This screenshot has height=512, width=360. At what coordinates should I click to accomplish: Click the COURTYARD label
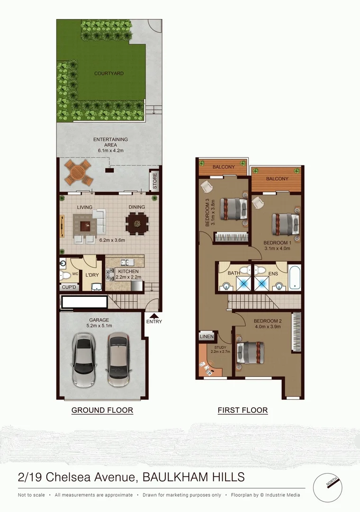click(x=109, y=73)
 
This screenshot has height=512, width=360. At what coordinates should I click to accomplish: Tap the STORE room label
click(x=154, y=181)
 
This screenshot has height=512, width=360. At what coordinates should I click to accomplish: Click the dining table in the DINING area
click(x=136, y=222)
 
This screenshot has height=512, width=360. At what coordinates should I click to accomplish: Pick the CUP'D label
click(x=69, y=287)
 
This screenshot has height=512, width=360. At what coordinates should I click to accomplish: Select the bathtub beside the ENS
click(x=295, y=277)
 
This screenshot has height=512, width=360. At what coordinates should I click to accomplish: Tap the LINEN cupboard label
click(x=207, y=336)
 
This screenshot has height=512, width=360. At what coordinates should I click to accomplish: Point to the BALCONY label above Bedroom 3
click(x=224, y=167)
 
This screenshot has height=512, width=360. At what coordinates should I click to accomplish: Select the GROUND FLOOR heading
click(x=102, y=410)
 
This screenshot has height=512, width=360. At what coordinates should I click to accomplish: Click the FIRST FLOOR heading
click(x=243, y=410)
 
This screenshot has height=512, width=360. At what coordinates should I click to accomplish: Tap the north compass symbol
click(x=327, y=487)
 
